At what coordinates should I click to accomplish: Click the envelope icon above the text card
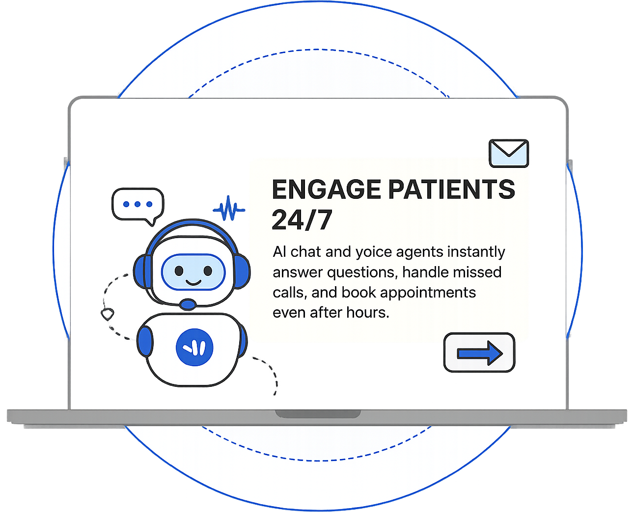coord(509,153)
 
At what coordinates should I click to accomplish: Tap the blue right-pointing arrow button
coord(479,353)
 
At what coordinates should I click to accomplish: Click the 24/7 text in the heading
coord(302,220)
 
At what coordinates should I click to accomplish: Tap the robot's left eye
coord(179,271)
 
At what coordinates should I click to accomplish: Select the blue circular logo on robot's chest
coord(194,347)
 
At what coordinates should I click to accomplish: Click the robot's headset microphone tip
coord(188,304)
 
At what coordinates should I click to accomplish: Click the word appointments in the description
coord(428,293)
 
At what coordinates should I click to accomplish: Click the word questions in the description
coord(362,272)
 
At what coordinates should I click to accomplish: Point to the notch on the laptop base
coord(318,414)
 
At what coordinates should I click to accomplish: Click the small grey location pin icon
coord(107,313)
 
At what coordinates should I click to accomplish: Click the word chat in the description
coord(305,252)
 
